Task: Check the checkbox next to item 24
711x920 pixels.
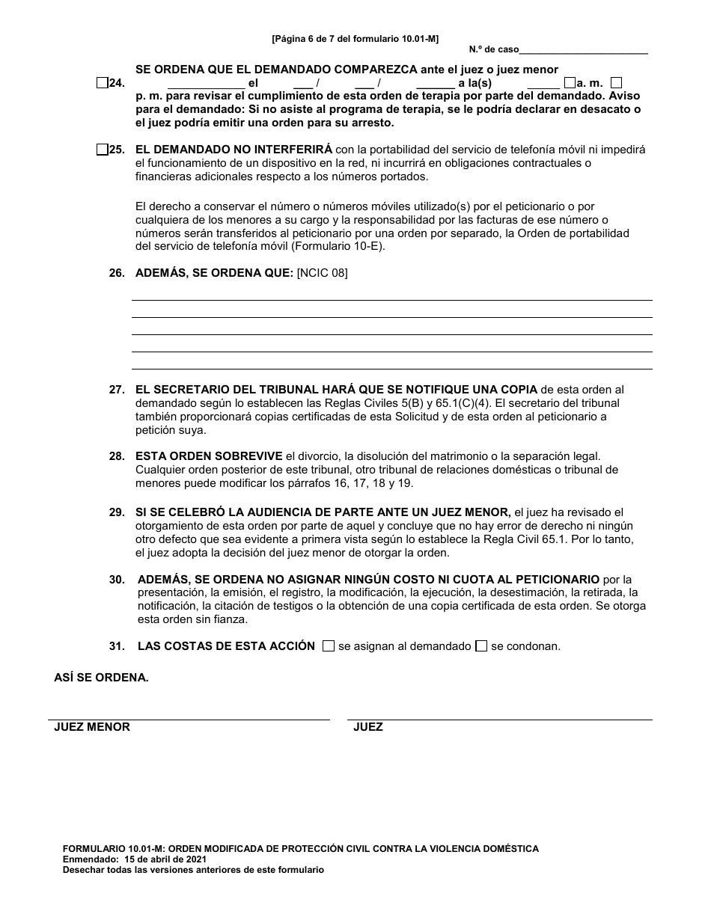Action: (x=102, y=83)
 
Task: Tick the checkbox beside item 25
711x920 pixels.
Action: (x=102, y=150)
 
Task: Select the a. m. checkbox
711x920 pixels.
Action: (x=570, y=83)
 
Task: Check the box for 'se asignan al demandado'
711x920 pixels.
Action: (x=328, y=646)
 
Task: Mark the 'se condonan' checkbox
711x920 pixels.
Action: (x=481, y=646)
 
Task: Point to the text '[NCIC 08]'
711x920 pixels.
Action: (x=322, y=273)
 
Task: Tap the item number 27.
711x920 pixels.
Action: (x=116, y=390)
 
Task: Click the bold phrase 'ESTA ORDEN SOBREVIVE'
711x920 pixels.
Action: (x=209, y=456)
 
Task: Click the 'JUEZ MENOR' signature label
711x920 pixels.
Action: (x=92, y=727)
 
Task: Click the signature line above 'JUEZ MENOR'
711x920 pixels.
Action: (x=189, y=719)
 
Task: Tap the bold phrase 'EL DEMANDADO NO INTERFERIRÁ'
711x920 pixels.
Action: (x=234, y=150)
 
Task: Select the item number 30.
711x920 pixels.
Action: (x=117, y=580)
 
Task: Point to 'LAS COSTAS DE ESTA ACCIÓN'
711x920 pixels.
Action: (x=226, y=646)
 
